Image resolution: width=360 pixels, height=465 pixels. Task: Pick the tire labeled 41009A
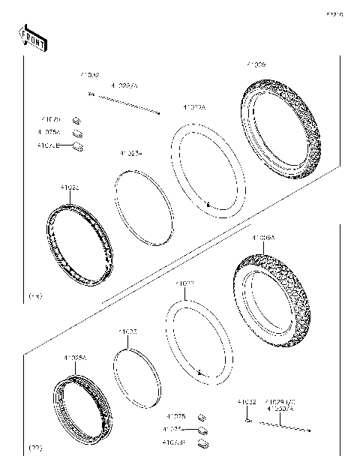coord(266,296)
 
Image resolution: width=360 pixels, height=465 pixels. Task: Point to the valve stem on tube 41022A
coord(208,204)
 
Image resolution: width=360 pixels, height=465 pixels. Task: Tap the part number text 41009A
coord(264,238)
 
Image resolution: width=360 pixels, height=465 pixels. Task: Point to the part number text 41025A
coord(74,359)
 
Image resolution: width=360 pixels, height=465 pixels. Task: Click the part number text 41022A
coord(193,108)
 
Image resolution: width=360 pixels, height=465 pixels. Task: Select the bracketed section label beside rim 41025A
coord(34,448)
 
